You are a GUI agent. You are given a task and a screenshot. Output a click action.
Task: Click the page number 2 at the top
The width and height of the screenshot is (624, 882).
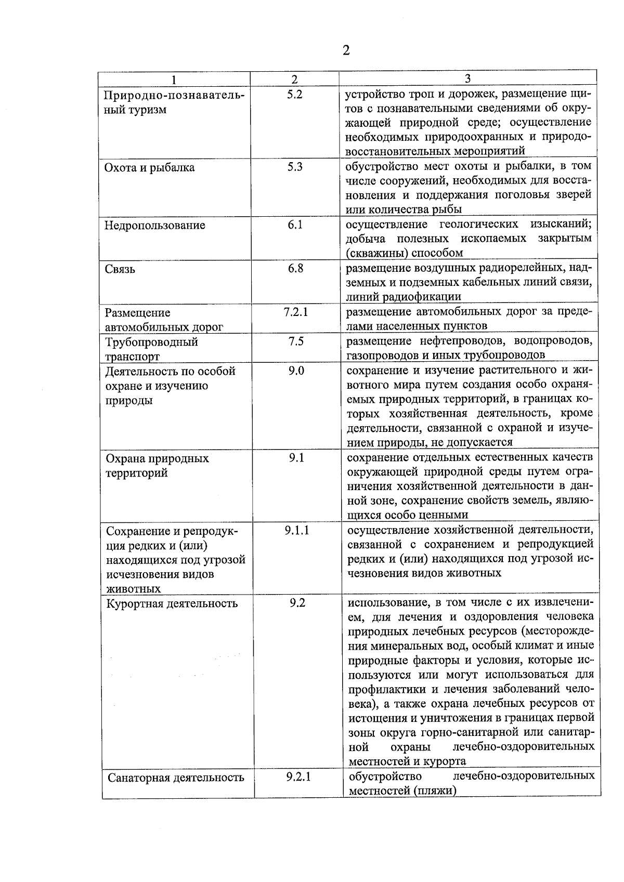click(x=346, y=50)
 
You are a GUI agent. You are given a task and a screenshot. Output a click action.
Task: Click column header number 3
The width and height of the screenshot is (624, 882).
click(x=467, y=78)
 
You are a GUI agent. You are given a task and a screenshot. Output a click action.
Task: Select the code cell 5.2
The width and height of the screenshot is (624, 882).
click(x=294, y=95)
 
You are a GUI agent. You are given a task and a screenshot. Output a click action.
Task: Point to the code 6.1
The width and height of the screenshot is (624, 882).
click(x=295, y=225)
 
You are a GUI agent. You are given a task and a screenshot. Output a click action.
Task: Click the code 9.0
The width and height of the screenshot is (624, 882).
click(x=296, y=371)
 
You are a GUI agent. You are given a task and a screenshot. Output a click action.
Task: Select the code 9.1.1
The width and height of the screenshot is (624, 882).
click(x=297, y=531)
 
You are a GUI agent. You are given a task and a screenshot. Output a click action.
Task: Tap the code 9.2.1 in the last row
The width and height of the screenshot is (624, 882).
click(x=298, y=778)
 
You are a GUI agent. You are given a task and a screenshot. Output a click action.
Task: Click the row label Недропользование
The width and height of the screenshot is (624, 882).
click(x=155, y=226)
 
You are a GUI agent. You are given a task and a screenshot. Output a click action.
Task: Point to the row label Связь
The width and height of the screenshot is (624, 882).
click(x=120, y=269)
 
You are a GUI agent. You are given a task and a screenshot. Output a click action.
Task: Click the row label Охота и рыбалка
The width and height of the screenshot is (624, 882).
click(x=150, y=168)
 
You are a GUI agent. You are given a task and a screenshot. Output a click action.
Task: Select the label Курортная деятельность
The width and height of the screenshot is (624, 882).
click(x=172, y=604)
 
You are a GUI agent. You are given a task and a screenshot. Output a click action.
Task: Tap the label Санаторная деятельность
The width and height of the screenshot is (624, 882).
click(x=176, y=778)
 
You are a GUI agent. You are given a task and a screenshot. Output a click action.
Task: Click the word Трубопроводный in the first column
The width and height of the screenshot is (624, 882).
click(x=152, y=342)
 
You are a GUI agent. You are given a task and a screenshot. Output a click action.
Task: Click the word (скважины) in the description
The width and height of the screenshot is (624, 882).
click(x=377, y=253)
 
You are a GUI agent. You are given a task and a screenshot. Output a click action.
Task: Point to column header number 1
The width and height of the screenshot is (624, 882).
click(x=174, y=80)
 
